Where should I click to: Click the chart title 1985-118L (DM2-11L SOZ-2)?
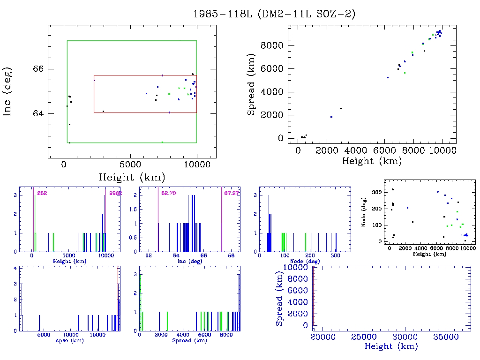coord(274,14)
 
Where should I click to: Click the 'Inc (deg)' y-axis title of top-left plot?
coord(7,91)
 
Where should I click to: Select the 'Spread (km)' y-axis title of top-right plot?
coord(251,91)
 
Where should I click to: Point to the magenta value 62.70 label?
coord(168,193)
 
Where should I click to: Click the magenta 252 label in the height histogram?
coord(42,193)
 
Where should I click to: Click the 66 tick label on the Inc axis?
coord(38,69)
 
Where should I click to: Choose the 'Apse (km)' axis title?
coord(69,340)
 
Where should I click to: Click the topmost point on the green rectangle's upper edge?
coord(180,40)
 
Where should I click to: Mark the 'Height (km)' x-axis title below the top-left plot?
coord(132,177)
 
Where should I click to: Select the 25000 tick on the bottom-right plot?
coord(365,337)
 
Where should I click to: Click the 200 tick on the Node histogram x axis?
coord(312,256)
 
